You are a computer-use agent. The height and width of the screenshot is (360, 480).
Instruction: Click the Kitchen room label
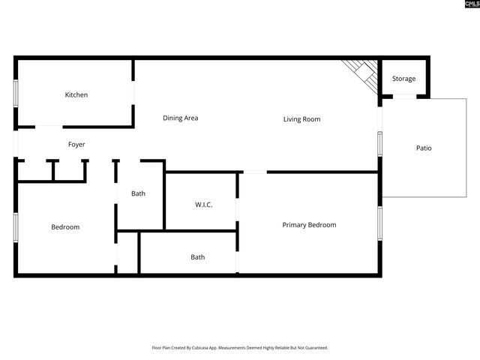[x=76, y=94]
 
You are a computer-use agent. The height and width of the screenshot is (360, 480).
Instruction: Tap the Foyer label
[x=76, y=144]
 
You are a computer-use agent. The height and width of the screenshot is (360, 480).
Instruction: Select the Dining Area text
[x=180, y=118]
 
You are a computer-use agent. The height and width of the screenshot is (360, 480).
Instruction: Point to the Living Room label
[x=301, y=118]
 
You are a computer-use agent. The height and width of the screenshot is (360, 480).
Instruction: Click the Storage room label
[x=403, y=79]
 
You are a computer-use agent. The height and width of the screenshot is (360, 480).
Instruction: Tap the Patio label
[x=424, y=148]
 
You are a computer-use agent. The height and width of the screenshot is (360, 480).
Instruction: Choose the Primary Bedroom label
[x=309, y=224]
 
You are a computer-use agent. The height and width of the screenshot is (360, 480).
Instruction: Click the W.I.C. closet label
[x=203, y=204]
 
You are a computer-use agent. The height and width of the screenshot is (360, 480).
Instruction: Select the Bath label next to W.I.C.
[x=138, y=193]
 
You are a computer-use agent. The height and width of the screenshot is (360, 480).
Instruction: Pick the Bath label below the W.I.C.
[x=197, y=256]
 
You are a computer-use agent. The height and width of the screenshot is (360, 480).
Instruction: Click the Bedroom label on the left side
[x=65, y=226]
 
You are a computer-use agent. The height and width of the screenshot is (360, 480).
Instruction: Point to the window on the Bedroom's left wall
[x=16, y=227]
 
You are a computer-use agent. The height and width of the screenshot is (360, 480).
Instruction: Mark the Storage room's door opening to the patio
[x=404, y=97]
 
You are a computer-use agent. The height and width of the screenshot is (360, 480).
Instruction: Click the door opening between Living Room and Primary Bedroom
[x=255, y=172]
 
